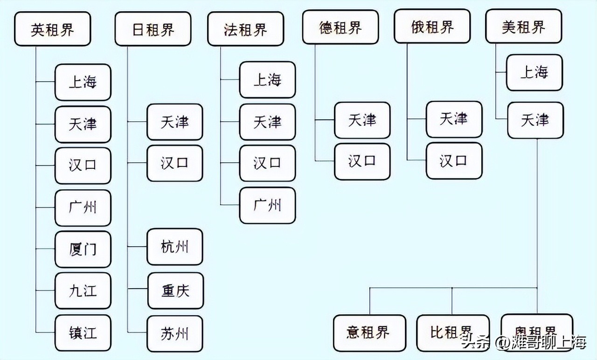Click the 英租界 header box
52,29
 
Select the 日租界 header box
153,29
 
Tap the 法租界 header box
245,29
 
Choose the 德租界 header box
340,28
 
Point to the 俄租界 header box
432,28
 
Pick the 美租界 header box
523,28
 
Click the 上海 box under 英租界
83,83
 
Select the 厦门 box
83,249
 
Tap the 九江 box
83,291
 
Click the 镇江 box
83,332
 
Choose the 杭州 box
175,247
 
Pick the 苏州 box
175,333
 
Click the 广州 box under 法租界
267,205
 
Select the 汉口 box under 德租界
362,161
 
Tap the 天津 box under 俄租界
454,119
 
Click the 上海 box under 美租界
535,72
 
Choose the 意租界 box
368,332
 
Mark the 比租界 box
452,332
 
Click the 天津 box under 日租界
175,122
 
